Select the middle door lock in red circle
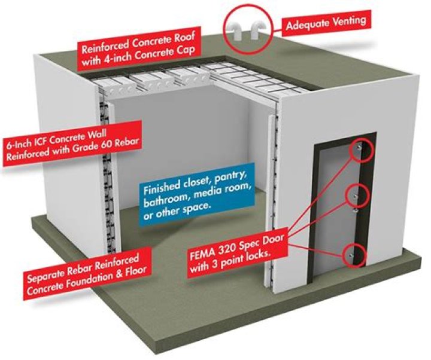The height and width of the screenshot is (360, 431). coord(356,196)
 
